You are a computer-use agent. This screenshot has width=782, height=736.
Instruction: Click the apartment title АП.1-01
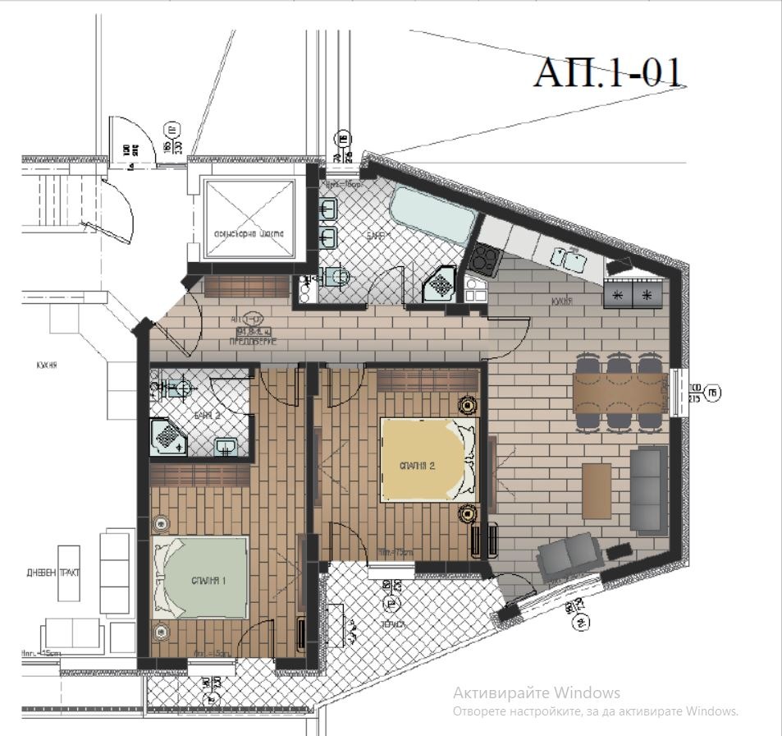[x=608, y=71]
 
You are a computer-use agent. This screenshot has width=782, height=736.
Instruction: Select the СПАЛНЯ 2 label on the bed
[x=417, y=465]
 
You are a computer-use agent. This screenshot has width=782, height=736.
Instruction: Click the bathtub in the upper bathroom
[x=432, y=214]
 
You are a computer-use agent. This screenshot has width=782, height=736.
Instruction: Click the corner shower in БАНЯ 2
[x=169, y=436]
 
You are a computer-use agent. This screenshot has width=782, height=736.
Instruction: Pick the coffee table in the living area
[x=597, y=491]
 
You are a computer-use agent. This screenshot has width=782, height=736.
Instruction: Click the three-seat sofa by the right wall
[x=648, y=491]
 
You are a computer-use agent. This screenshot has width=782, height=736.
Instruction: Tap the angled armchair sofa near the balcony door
[x=571, y=554]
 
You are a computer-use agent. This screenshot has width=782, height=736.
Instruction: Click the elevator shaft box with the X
[x=249, y=217]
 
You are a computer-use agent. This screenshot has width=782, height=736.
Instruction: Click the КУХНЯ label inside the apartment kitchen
[x=561, y=301]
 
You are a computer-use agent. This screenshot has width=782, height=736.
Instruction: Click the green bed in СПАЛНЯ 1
[x=200, y=578]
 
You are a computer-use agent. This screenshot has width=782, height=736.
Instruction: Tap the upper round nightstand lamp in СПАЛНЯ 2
[x=468, y=405]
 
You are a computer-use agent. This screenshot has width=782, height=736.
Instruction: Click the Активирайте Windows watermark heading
[x=537, y=692]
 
